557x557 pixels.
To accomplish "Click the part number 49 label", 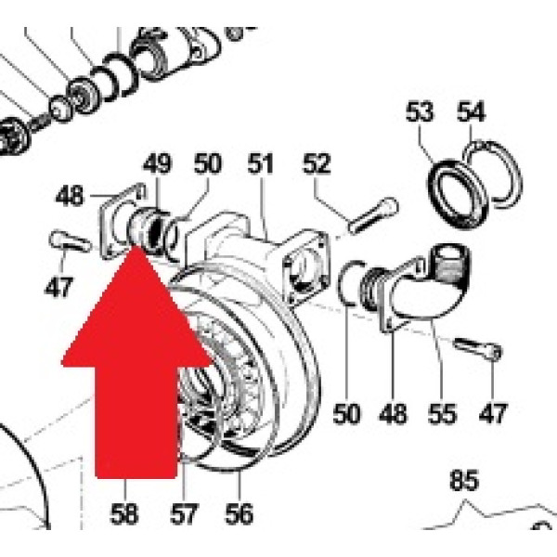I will tap(157, 164).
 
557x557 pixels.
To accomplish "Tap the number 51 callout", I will tap(262, 164).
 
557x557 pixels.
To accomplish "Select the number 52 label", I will tap(317, 164).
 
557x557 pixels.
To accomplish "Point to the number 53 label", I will tap(420, 113).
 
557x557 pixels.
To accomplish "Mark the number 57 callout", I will tap(183, 512).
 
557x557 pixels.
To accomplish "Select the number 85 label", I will tap(463, 482).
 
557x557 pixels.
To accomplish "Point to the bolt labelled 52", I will tap(374, 214).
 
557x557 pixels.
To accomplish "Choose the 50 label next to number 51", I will tap(208, 164).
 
